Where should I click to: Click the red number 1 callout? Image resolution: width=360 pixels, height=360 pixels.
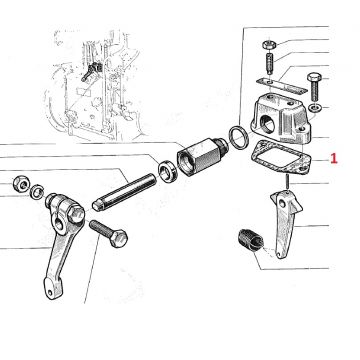tap(334, 158)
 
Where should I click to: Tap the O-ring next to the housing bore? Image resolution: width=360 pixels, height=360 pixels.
tap(238, 137)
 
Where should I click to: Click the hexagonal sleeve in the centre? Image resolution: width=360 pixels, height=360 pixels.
tap(199, 156)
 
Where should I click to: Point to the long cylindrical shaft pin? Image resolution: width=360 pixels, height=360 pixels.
tap(125, 192)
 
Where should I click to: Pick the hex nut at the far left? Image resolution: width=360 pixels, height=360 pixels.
tap(21, 184)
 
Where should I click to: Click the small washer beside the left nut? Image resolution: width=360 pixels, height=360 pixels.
tap(37, 192)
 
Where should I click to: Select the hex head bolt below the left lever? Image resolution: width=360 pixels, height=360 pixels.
tap(108, 233)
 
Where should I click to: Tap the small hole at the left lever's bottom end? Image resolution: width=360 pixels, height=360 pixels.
tap(50, 292)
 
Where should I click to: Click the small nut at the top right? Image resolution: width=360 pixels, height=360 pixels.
tap(268, 44)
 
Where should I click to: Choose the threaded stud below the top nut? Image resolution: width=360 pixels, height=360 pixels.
tap(269, 62)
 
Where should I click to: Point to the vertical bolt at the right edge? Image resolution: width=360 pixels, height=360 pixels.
tap(313, 86)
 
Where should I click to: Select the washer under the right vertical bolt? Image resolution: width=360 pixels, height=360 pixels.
tap(313, 108)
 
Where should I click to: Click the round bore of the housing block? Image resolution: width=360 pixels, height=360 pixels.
tap(267, 123)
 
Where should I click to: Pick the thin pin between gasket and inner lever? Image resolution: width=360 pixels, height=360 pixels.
tap(287, 182)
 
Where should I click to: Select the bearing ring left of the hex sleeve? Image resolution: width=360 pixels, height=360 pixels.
tap(166, 171)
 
